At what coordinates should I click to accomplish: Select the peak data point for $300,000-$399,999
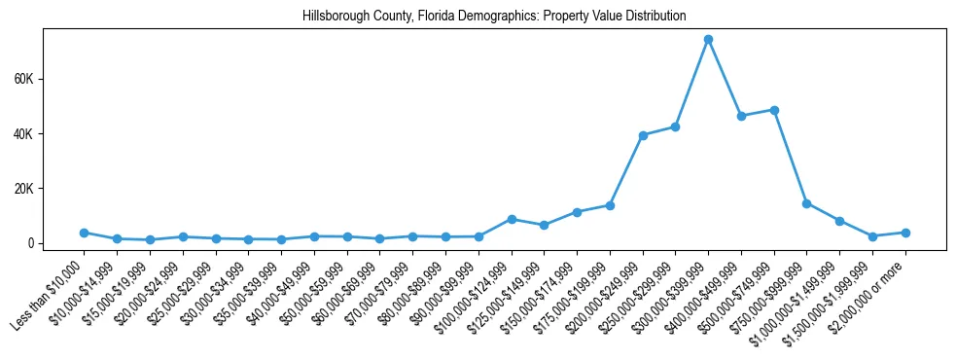click(708, 39)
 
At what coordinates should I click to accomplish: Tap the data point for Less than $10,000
click(85, 233)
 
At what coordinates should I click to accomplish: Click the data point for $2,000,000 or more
click(905, 233)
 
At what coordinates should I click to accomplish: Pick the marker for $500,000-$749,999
click(774, 110)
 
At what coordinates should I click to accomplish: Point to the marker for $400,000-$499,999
click(741, 116)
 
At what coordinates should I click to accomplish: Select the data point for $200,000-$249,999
click(643, 135)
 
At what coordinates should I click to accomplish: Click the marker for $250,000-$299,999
click(675, 126)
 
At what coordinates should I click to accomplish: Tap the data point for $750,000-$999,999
click(807, 203)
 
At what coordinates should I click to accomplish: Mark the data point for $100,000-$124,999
click(512, 219)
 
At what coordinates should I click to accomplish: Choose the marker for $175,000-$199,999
click(610, 205)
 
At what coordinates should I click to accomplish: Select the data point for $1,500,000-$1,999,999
click(872, 236)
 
